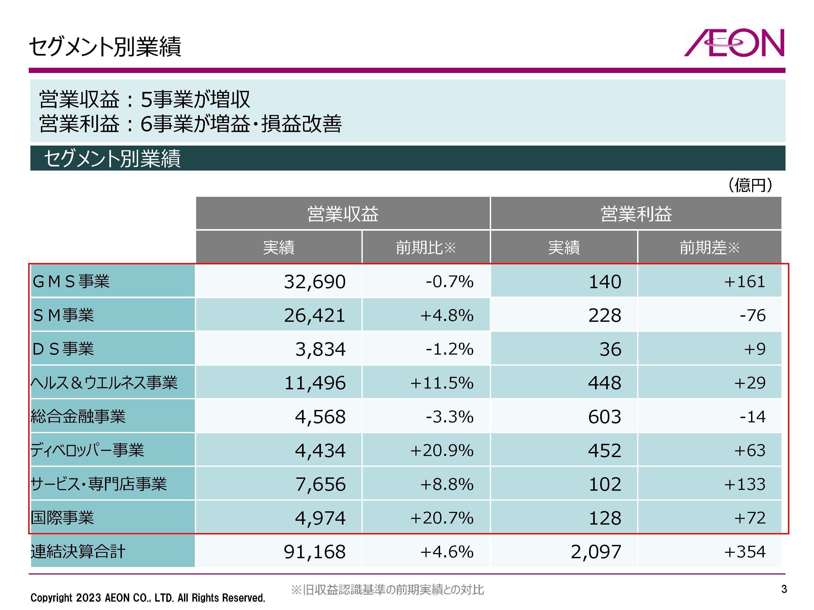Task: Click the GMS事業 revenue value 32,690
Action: click(x=315, y=282)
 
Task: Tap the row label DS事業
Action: click(x=63, y=349)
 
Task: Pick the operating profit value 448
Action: click(x=604, y=383)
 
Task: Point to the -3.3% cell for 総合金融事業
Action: click(x=449, y=417)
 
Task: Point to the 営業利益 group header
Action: click(x=636, y=214)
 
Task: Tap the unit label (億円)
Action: click(x=750, y=185)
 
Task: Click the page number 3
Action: click(x=784, y=589)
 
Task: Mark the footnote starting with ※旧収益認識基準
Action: click(x=387, y=590)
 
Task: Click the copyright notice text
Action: click(x=148, y=598)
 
